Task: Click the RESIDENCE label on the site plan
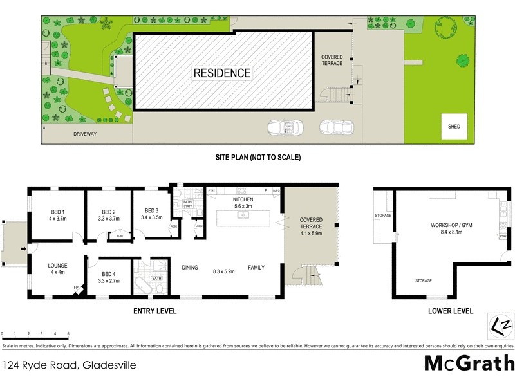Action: (x=222, y=73)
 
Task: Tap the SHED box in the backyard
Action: (x=454, y=127)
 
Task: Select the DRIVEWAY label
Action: (x=84, y=134)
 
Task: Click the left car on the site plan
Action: (x=283, y=128)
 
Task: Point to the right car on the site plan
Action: (x=335, y=128)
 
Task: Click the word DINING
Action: (x=189, y=268)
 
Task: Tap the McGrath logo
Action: (x=469, y=363)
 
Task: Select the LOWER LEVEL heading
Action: (x=451, y=311)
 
